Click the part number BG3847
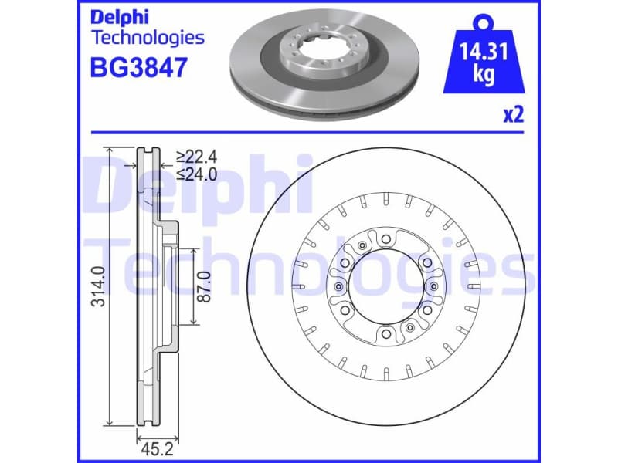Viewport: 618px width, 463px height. coord(139,68)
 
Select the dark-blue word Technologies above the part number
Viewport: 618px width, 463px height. coord(148,37)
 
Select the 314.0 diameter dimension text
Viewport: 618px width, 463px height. coord(98,286)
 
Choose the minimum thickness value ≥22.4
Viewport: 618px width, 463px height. coord(196,157)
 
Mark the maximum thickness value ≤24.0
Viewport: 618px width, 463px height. coord(196,174)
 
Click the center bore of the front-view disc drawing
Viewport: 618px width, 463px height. coord(385,288)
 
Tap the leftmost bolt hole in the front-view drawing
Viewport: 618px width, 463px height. coord(338,288)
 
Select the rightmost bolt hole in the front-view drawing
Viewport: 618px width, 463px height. coord(433,288)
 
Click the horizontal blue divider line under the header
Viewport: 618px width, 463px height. coord(309,132)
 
